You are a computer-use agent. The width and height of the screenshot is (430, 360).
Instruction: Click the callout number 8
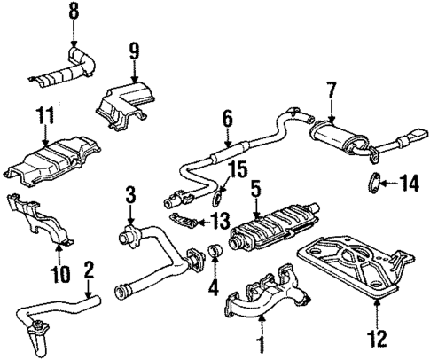74,12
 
